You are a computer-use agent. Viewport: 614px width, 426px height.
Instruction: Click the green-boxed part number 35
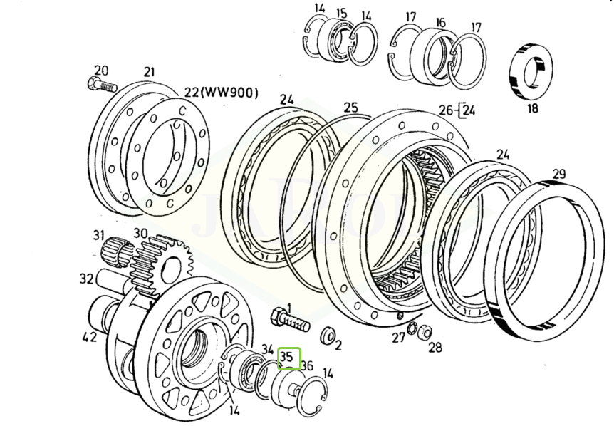[286, 357]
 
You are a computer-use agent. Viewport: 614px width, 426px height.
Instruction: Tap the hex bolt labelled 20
[102, 85]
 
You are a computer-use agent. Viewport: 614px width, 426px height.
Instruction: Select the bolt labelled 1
[290, 321]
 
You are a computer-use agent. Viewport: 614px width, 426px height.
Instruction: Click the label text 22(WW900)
[222, 93]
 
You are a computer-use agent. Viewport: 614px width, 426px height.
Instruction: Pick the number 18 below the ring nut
[533, 108]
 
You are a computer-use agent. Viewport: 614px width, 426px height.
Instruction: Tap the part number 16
[440, 22]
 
